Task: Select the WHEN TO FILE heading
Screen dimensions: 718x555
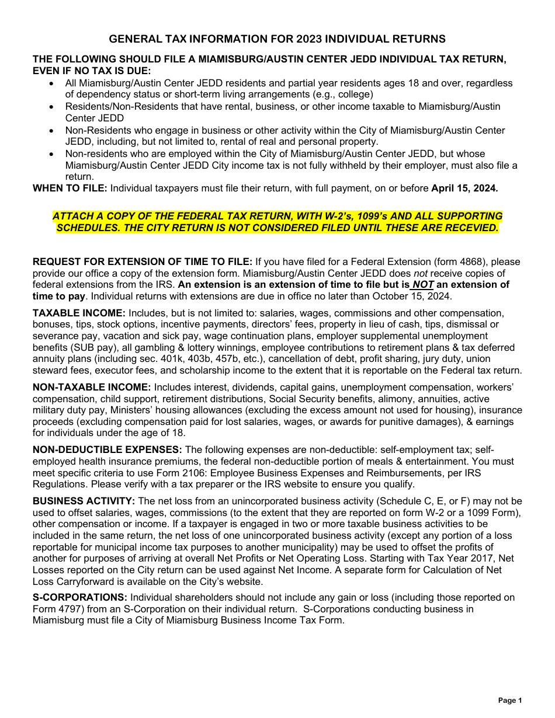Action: [x=70, y=188]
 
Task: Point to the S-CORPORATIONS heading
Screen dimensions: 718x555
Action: [x=80, y=597]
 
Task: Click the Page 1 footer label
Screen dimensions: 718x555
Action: [x=510, y=700]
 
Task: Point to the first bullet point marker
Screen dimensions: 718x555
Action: [x=53, y=83]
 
